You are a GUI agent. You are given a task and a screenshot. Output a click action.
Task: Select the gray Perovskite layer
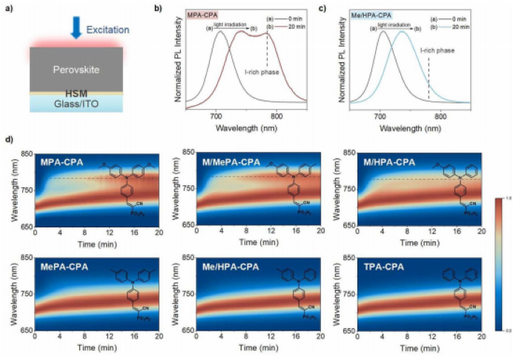pos(75,70)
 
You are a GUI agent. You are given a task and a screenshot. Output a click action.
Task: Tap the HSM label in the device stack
pos(74,95)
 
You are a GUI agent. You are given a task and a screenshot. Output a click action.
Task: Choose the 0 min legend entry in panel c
pos(463,16)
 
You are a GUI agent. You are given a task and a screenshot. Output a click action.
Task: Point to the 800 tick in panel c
pos(440,117)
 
